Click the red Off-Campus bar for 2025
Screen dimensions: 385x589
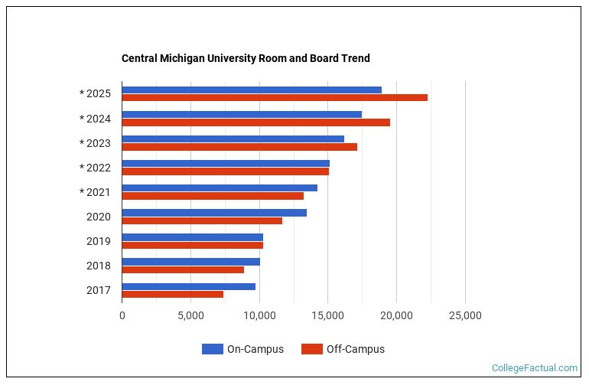tap(275, 98)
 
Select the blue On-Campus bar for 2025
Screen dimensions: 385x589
tap(252, 90)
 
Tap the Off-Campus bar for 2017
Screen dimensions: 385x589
tap(172, 294)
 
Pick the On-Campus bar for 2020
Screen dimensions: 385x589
tap(214, 212)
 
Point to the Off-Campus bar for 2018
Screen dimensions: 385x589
tap(183, 269)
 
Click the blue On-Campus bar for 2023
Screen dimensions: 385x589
tap(233, 139)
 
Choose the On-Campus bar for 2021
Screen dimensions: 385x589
tap(220, 188)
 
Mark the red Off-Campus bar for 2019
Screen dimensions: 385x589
tap(192, 245)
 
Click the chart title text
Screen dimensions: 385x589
tap(246, 58)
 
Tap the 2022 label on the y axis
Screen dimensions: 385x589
tap(98, 168)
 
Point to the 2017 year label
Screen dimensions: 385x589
tap(98, 290)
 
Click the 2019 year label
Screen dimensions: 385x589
tap(98, 241)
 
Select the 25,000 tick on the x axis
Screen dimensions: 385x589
tap(465, 315)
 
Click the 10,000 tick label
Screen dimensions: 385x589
tap(259, 315)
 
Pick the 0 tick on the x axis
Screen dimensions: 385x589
tap(122, 315)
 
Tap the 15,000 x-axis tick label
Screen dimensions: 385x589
tap(328, 315)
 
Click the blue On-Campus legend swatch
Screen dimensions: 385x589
tap(212, 349)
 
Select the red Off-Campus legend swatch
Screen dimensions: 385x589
tap(311, 349)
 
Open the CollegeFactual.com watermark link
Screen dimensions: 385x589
tap(534, 368)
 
